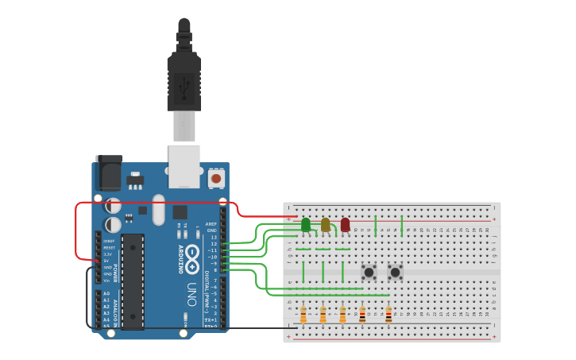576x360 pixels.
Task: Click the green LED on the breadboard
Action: tap(306, 225)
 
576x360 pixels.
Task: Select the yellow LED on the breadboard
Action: tap(326, 225)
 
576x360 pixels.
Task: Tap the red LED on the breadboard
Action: tap(345, 225)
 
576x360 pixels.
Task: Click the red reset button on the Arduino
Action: tap(216, 179)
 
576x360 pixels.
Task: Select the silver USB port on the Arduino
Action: tap(184, 165)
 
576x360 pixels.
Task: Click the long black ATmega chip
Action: tap(132, 281)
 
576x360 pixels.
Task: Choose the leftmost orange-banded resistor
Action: tap(303, 315)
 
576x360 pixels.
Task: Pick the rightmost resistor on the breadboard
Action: tap(389, 315)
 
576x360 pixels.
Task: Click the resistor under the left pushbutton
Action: tap(363, 315)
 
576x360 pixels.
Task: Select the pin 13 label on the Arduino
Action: tap(213, 238)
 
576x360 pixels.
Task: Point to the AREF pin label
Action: tap(211, 224)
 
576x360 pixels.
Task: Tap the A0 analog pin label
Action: tap(106, 294)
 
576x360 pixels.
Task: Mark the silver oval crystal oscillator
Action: tap(159, 210)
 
